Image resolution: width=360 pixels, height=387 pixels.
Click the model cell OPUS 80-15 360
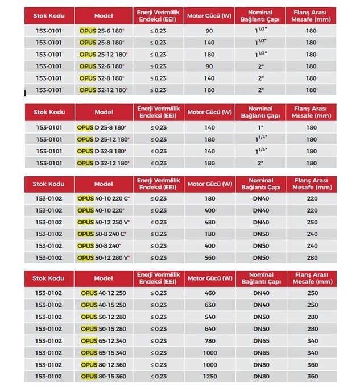pyautogui.click(x=103, y=376)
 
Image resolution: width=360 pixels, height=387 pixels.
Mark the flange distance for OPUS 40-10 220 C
pyautogui.click(x=311, y=198)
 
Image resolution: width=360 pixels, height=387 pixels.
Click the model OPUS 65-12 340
pyautogui.click(x=103, y=340)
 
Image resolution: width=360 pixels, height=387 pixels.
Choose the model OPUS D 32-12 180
pyautogui.click(x=103, y=163)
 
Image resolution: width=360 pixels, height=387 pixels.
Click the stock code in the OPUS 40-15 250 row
pyautogui.click(x=49, y=305)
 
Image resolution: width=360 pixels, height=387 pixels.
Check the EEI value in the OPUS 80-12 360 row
pyautogui.click(x=159, y=364)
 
